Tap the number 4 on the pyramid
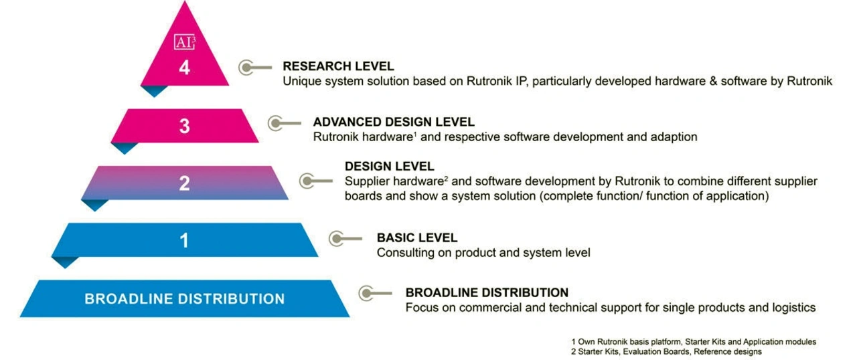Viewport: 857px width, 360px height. tap(184, 68)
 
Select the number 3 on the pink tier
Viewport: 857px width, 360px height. tap(184, 126)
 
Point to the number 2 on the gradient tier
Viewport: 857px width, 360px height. tap(184, 183)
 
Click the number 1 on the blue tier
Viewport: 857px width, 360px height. tap(184, 240)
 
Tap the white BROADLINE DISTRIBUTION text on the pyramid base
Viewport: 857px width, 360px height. tap(184, 298)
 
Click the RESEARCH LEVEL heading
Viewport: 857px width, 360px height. tap(338, 66)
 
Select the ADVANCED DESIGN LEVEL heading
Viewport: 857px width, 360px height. tap(394, 122)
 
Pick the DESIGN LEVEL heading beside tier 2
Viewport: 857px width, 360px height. tap(389, 166)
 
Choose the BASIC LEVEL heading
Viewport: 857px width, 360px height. tap(417, 238)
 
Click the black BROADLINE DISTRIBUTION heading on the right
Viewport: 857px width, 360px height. tap(487, 292)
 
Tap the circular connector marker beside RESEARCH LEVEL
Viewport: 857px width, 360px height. tap(248, 67)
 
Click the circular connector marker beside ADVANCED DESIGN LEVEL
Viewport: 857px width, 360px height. tap(276, 122)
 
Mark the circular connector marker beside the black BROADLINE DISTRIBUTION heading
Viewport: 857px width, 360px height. tap(366, 292)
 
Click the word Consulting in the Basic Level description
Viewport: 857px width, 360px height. tap(402, 253)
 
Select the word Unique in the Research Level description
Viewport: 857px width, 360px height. tap(299, 82)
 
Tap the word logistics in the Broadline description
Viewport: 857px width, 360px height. tap(793, 308)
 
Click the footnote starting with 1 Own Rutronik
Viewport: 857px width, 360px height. tap(694, 342)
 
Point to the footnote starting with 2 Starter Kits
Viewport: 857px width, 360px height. tap(666, 351)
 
